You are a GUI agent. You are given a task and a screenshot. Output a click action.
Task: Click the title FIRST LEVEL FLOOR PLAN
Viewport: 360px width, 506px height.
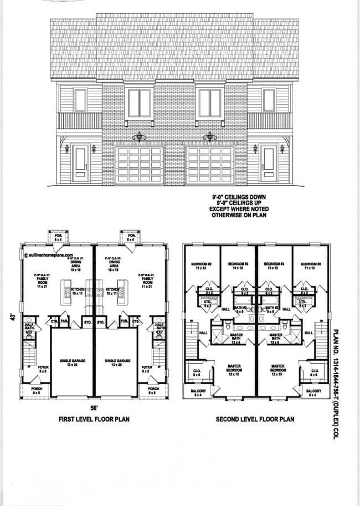[94, 419]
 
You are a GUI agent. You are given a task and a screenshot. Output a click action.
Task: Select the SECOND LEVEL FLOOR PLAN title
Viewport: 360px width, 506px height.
[255, 419]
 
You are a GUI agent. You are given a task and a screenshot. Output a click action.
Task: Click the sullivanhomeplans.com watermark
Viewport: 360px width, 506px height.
[49, 256]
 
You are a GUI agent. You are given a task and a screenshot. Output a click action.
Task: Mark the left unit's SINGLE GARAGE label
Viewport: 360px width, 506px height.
[71, 362]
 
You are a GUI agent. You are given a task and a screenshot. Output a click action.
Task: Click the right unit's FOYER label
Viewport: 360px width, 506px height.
[147, 369]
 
